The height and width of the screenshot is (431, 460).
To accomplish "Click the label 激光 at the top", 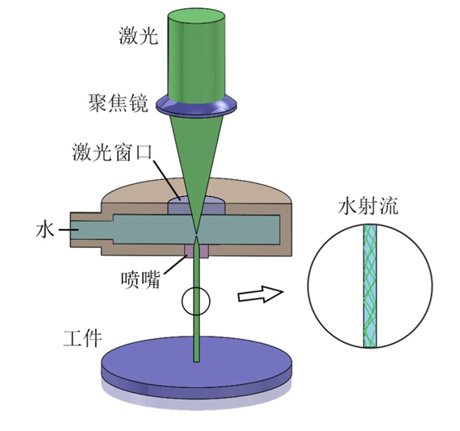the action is click(139, 36).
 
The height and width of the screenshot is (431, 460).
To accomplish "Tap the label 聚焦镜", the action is click(119, 103).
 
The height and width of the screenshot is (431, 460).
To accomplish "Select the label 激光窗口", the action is click(113, 152).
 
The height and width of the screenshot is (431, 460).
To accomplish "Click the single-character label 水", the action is click(45, 229).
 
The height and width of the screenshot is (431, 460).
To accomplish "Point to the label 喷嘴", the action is click(140, 279).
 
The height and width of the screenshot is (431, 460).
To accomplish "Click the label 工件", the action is click(83, 339).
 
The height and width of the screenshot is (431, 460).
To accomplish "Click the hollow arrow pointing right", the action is click(261, 294).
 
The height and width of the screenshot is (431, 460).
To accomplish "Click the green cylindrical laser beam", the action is click(196, 56).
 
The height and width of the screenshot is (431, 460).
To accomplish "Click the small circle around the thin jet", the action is click(182, 301).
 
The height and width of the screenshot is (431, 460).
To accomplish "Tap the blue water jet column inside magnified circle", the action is click(370, 286).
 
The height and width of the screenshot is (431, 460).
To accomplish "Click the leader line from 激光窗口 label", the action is click(168, 179).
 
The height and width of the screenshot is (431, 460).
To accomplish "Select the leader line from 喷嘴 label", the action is click(176, 264).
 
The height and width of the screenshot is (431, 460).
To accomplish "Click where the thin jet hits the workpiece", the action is click(196, 361).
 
